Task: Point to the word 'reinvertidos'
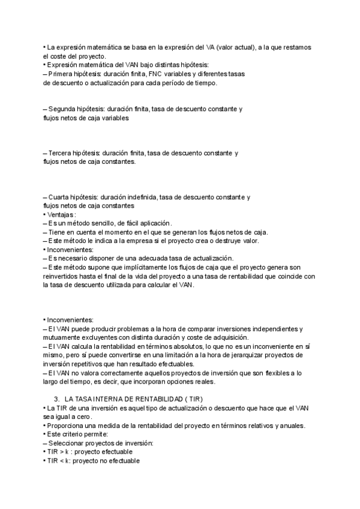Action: pyautogui.click(x=62, y=276)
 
